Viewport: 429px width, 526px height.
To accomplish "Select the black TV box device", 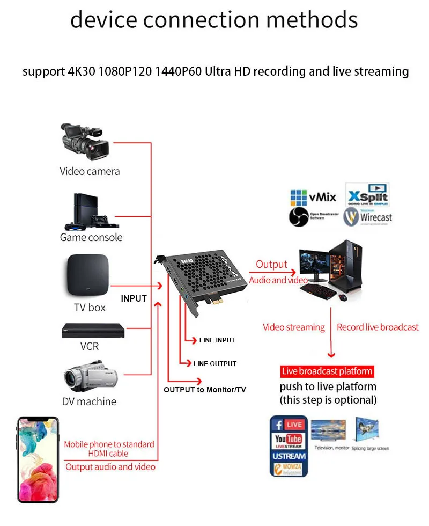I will (x=87, y=275).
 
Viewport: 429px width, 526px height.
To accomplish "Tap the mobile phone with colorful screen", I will (x=38, y=459).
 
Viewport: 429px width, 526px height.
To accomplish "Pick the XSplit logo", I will (x=368, y=195).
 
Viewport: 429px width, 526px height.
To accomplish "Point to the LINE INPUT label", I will (x=217, y=340).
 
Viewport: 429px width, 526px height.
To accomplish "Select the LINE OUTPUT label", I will (x=214, y=363).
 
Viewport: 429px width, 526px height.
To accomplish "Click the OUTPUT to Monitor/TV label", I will (x=204, y=390).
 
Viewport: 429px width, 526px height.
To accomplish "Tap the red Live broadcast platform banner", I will (x=327, y=371).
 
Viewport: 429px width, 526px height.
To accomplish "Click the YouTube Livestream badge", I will (x=289, y=441).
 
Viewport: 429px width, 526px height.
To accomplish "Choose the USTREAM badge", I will (x=289, y=456).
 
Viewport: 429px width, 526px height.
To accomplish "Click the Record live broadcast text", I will (x=378, y=327).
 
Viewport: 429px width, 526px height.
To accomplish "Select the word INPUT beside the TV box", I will (x=134, y=298).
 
